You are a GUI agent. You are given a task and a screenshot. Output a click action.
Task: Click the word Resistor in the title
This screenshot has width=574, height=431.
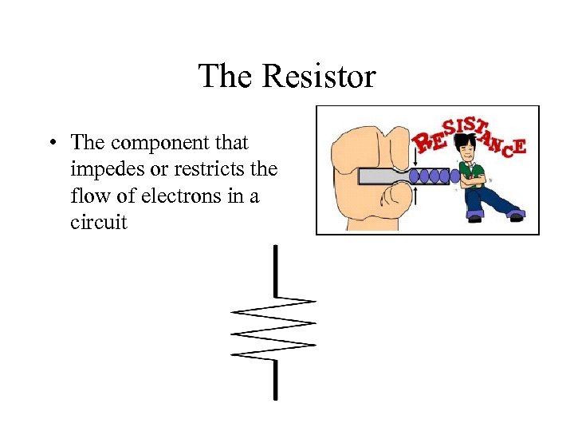coord(318,77)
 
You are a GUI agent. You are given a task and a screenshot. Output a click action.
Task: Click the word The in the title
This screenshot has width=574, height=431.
coord(226,77)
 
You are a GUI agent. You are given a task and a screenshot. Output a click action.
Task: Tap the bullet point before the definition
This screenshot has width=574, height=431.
coord(50,144)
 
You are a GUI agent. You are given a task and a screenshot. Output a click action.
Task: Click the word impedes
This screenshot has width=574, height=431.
coord(108,169)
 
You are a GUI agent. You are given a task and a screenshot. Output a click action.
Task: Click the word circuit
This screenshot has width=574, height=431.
coord(98,222)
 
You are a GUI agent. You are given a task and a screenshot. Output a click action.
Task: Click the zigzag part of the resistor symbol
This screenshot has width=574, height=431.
coord(274,328)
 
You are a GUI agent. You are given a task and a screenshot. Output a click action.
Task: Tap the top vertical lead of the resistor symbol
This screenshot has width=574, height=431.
coord(275,271)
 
